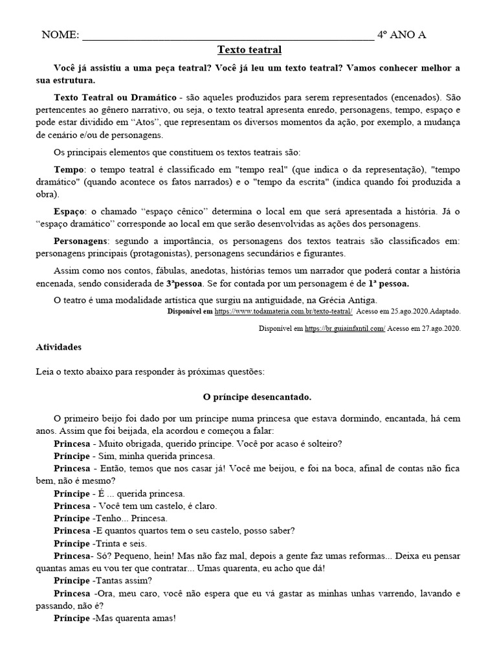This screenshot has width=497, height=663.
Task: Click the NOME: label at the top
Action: [x=60, y=35]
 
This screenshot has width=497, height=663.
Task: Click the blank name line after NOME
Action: [x=226, y=36]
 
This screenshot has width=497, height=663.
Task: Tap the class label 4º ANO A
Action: [x=401, y=35]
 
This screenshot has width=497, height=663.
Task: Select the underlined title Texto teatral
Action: [x=249, y=50]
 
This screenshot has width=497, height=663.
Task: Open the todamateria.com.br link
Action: [x=288, y=311]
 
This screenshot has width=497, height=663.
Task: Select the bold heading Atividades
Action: [x=59, y=347]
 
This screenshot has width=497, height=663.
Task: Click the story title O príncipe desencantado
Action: [x=248, y=396]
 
